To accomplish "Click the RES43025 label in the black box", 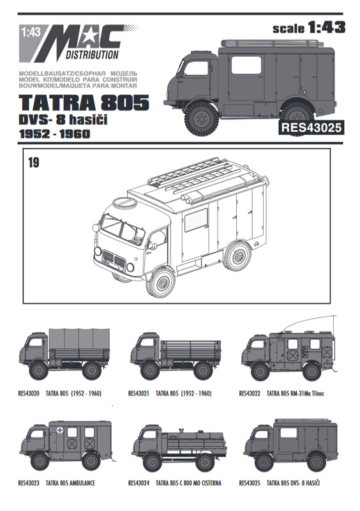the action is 311,127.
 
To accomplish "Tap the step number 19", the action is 34,162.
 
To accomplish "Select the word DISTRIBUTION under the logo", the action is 93,55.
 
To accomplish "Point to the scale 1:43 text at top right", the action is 309,27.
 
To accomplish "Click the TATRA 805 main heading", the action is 84,102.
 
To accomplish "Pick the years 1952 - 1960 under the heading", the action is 54,134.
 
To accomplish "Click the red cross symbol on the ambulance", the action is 59,430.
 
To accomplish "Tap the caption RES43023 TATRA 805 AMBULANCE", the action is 56,483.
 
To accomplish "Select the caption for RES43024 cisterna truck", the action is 175,483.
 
